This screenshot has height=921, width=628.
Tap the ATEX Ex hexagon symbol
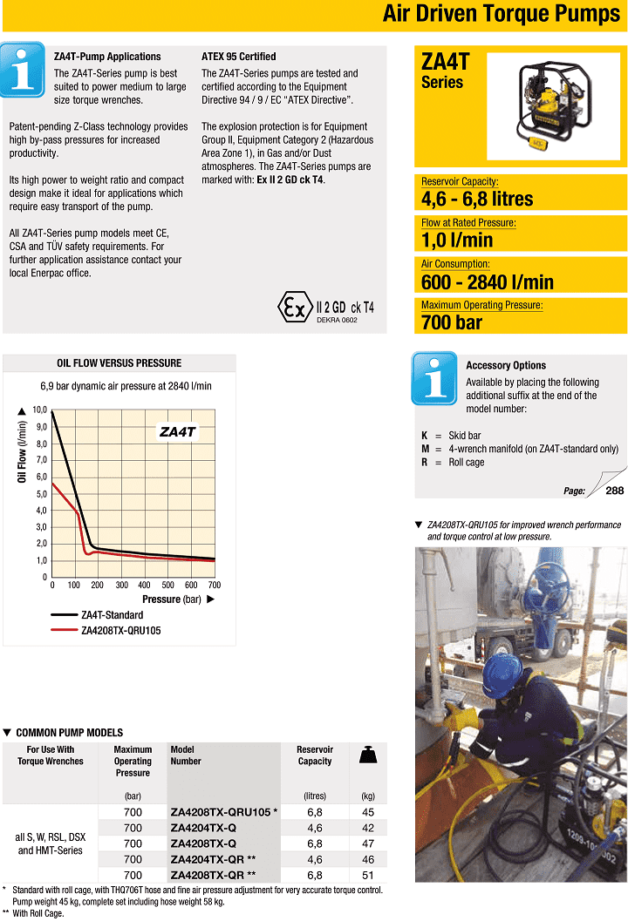[x=291, y=307]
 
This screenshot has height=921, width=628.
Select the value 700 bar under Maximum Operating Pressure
[x=452, y=322]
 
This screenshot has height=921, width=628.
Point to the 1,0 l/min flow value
[x=457, y=240]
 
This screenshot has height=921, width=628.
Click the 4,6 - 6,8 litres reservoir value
[x=477, y=199]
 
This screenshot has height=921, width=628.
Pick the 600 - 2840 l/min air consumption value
[x=488, y=281]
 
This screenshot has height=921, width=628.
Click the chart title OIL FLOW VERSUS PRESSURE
[x=119, y=363]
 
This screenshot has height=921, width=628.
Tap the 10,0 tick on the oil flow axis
[x=39, y=410]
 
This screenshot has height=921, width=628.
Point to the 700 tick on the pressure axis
[x=214, y=586]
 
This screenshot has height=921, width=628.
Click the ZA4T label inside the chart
[x=178, y=431]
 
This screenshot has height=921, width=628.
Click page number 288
[x=615, y=491]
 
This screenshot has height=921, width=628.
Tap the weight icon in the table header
[x=367, y=755]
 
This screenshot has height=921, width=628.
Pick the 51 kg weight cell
[x=367, y=875]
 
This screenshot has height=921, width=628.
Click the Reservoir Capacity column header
[x=315, y=755]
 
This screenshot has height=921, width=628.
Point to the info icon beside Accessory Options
[x=433, y=377]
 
